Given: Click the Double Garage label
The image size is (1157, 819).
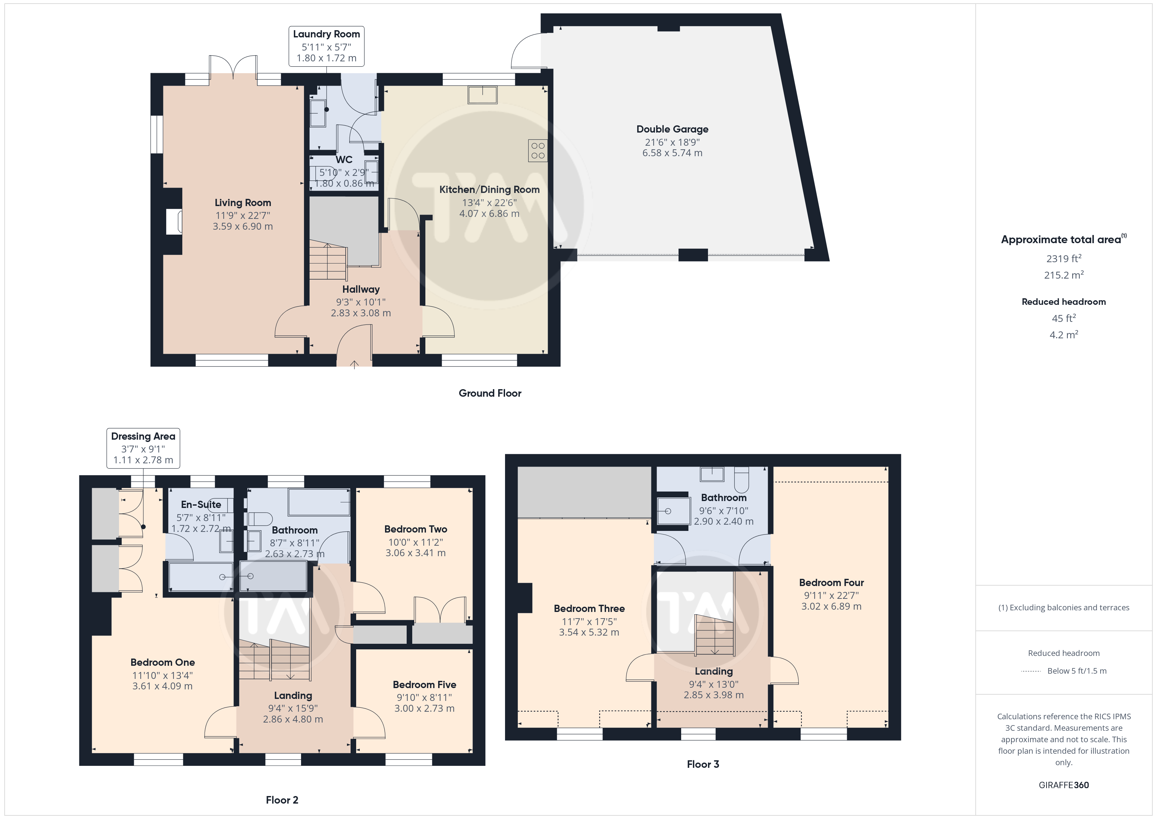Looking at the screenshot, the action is (672, 129).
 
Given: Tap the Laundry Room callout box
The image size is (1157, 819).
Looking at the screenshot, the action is (327, 46).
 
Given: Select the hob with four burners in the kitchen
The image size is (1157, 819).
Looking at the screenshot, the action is (538, 150).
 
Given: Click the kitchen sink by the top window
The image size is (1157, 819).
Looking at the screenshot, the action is (482, 94).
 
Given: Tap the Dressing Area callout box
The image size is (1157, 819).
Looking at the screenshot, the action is (143, 448).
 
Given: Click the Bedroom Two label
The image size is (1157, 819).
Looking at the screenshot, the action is (416, 529).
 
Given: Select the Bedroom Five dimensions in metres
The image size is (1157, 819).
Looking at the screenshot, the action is (424, 708).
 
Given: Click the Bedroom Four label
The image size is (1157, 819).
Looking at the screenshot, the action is (831, 582).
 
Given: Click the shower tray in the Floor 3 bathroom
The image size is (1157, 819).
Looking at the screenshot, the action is (674, 511).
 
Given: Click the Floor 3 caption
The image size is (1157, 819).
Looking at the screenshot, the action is (703, 764).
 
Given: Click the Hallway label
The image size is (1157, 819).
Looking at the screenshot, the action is (361, 289).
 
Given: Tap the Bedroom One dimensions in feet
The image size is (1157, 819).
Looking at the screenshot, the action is (162, 675).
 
